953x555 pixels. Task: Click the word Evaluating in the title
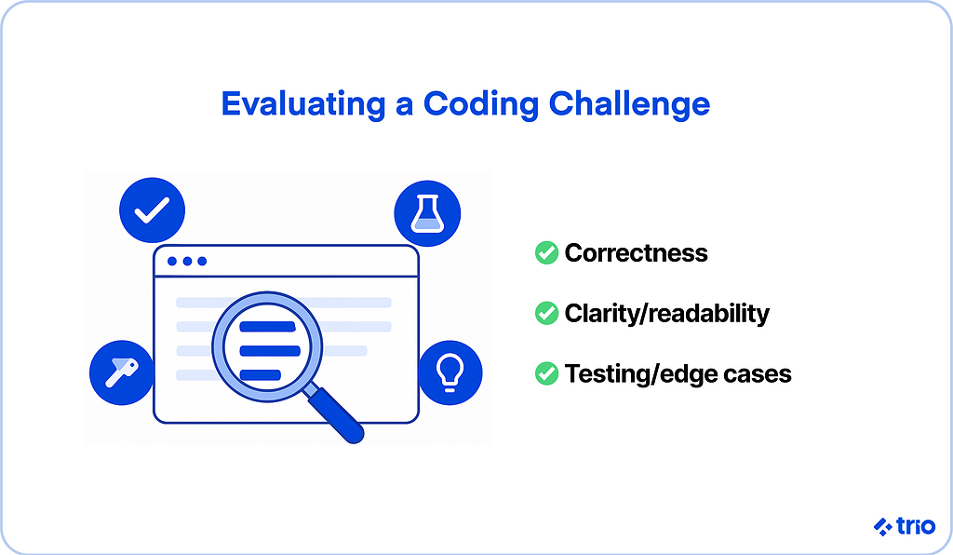pyautogui.click(x=303, y=104)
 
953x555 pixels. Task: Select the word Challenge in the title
pyautogui.click(x=630, y=104)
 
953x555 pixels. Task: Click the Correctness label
pyautogui.click(x=636, y=253)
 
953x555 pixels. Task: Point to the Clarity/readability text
pyautogui.click(x=666, y=313)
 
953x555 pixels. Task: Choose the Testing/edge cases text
pyautogui.click(x=678, y=373)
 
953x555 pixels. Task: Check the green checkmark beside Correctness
pyautogui.click(x=546, y=253)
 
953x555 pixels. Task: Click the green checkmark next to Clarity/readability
pyautogui.click(x=546, y=313)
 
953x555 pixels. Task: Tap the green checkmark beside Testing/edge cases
pyautogui.click(x=546, y=373)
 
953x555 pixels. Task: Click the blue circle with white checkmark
pyautogui.click(x=152, y=210)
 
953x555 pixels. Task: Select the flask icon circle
pyautogui.click(x=427, y=213)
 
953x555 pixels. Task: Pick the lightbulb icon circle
pyautogui.click(x=450, y=372)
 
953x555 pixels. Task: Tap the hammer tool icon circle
pyautogui.click(x=122, y=372)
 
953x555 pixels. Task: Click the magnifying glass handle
pyautogui.click(x=335, y=414)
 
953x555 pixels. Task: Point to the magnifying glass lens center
pyautogui.click(x=267, y=347)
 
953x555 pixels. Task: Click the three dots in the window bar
pyautogui.click(x=187, y=262)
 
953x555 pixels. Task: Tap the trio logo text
pyautogui.click(x=916, y=526)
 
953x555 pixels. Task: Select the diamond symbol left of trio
pyautogui.click(x=882, y=526)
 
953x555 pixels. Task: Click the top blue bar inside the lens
pyautogui.click(x=267, y=327)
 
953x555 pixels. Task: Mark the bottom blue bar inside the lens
pyautogui.click(x=261, y=375)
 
